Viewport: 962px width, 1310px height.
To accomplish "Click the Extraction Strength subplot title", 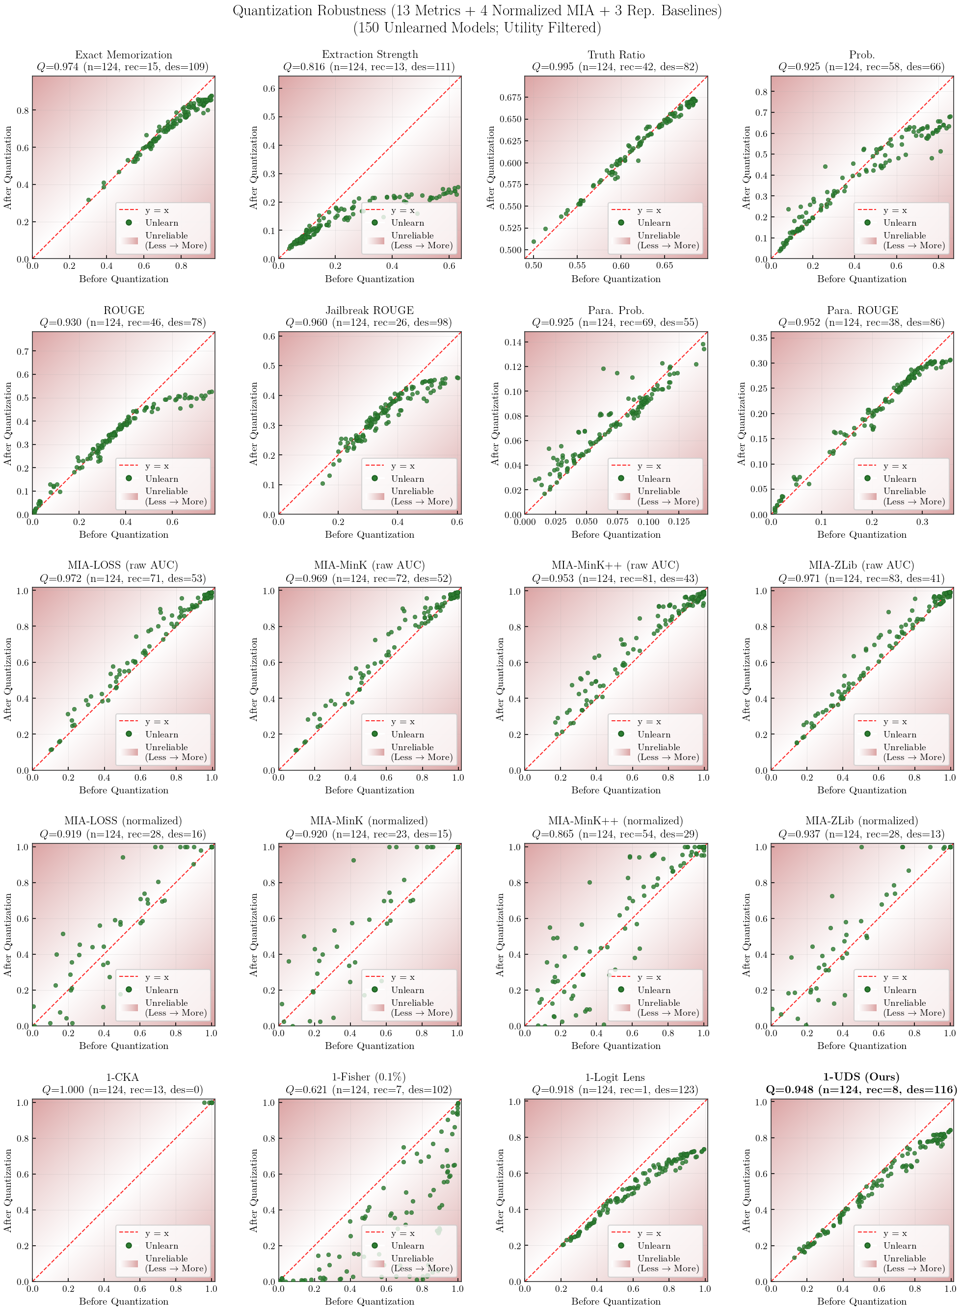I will tap(370, 54).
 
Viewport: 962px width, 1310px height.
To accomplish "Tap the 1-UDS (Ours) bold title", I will tap(861, 1076).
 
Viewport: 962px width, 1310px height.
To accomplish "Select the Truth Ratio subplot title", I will tap(616, 54).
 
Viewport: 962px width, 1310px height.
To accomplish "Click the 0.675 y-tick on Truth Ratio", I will tap(510, 97).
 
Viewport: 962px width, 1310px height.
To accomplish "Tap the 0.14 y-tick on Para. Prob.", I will tap(513, 342).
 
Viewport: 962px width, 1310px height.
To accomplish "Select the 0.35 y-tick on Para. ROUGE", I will tap(759, 338).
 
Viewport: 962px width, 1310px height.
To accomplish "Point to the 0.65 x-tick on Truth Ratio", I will tap(665, 266).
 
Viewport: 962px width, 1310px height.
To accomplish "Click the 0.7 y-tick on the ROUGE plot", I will tap(22, 351).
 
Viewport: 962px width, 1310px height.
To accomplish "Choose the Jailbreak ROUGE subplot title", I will tap(370, 310).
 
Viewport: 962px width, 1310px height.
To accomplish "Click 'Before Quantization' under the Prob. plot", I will tap(861, 279).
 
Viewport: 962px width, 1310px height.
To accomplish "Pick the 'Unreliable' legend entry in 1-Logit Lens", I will tap(658, 1258).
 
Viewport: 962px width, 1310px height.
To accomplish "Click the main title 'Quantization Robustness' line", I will tap(477, 10).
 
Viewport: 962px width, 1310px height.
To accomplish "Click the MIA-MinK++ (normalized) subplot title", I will tap(615, 820).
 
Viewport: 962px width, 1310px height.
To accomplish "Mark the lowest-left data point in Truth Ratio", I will tap(534, 241).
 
